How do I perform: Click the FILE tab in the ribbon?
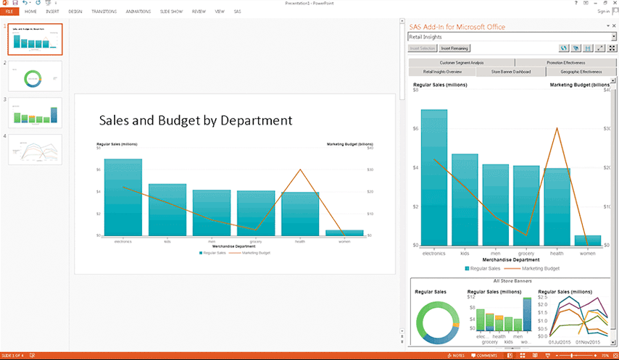pyautogui.click(x=9, y=12)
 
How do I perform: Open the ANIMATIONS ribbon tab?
pyautogui.click(x=138, y=12)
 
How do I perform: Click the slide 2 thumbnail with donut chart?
pyautogui.click(x=34, y=76)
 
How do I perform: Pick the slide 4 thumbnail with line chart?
pyautogui.click(x=34, y=149)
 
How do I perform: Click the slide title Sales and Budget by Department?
pyautogui.click(x=195, y=120)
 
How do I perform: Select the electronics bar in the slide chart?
pyautogui.click(x=122, y=198)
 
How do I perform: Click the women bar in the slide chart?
pyautogui.click(x=344, y=233)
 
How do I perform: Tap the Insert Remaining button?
pyautogui.click(x=454, y=49)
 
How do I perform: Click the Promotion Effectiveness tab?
pyautogui.click(x=565, y=63)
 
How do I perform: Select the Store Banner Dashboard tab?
pyautogui.click(x=511, y=72)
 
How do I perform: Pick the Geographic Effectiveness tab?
pyautogui.click(x=581, y=72)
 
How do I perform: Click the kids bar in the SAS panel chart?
pyautogui.click(x=465, y=199)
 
